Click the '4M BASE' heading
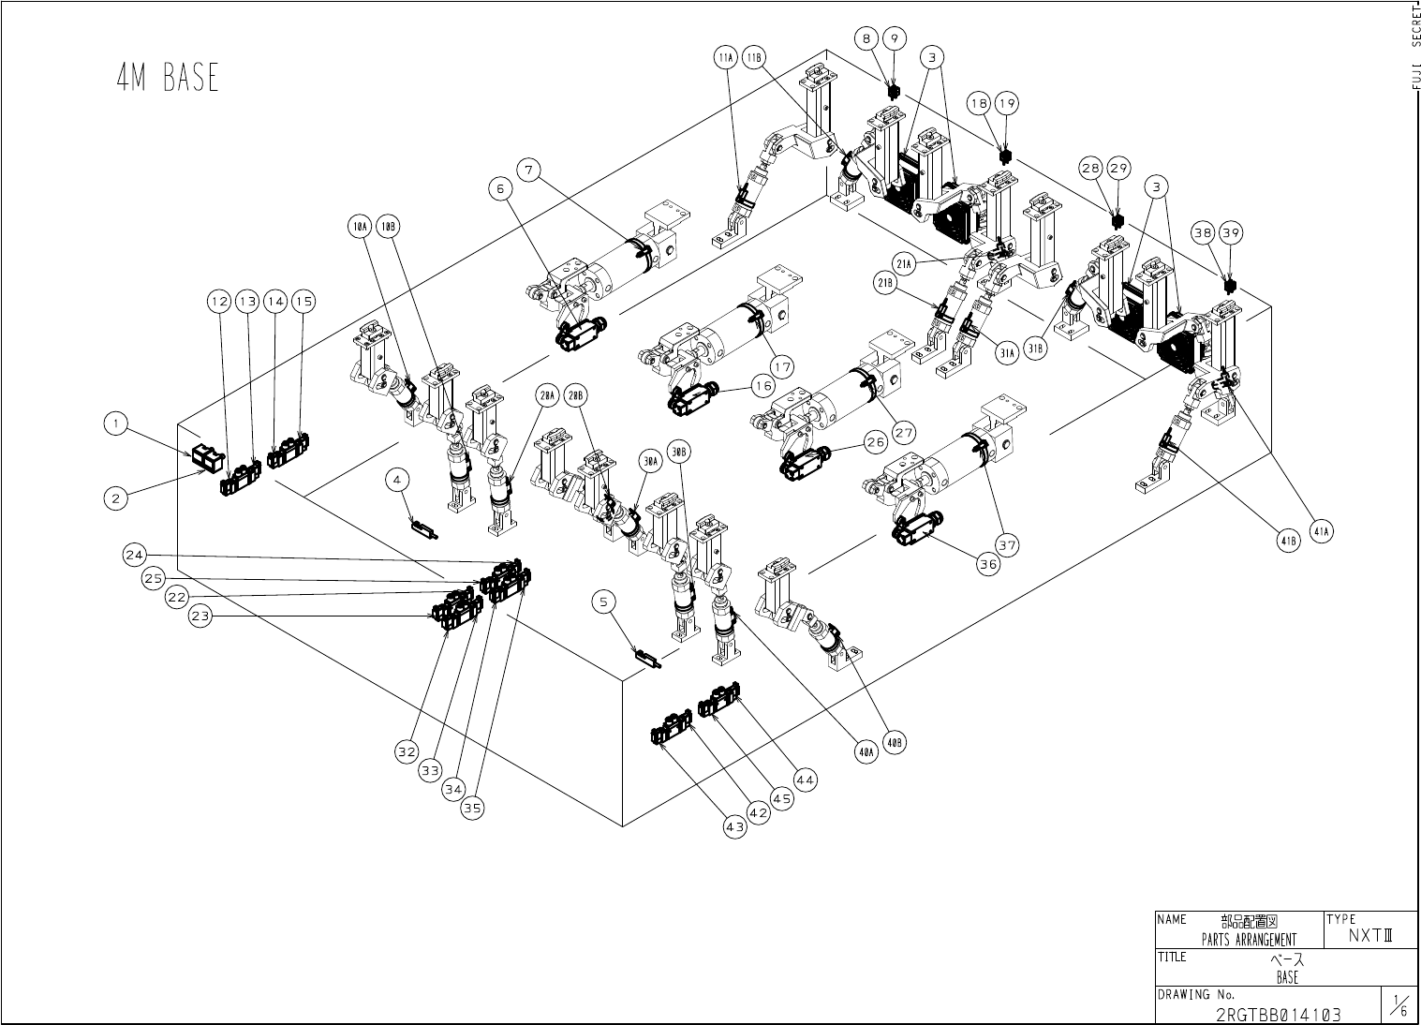point(168,78)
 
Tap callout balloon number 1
point(116,423)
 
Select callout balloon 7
point(530,170)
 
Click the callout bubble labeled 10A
point(360,227)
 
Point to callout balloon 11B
point(754,57)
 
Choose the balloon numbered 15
point(303,301)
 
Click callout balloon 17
point(783,364)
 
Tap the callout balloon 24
point(134,555)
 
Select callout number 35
point(473,809)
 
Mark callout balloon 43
point(735,827)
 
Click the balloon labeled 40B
point(895,743)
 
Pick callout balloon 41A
point(1322,532)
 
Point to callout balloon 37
point(1007,544)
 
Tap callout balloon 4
point(398,479)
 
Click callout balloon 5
point(604,602)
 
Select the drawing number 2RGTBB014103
point(1278,1015)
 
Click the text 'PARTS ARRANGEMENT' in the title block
point(1249,940)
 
